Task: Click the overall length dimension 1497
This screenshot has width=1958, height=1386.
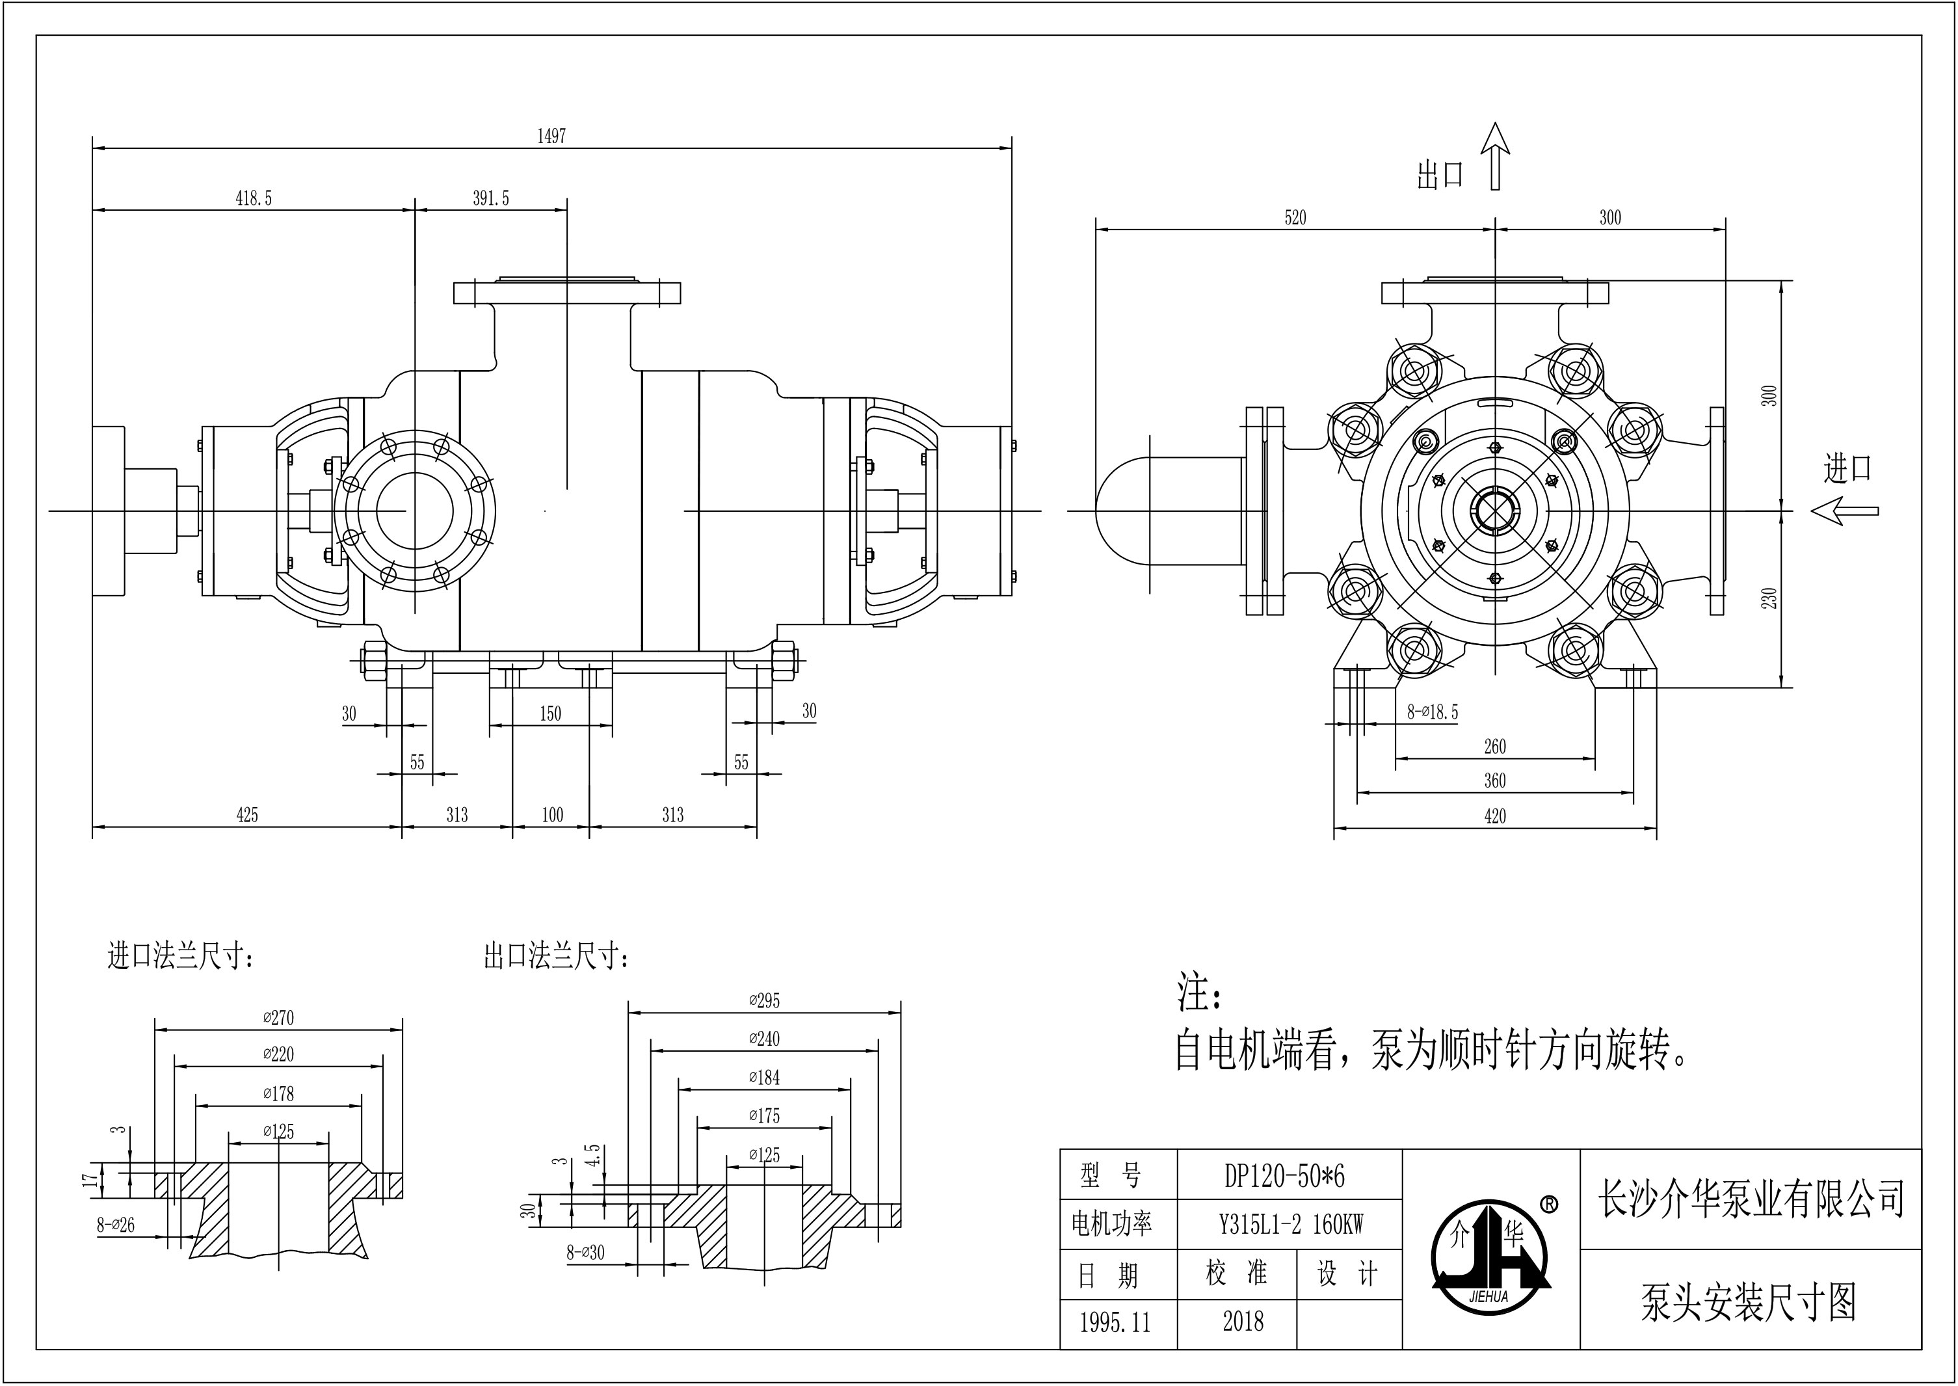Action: point(551,137)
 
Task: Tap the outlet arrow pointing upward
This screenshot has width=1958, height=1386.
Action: point(1495,155)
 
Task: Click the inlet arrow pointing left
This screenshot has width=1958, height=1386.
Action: point(1844,511)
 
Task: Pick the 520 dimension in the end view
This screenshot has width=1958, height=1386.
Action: point(1295,218)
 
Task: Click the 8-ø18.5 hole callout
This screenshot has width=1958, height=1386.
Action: point(1433,712)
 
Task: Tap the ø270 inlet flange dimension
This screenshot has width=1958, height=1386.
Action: point(278,1017)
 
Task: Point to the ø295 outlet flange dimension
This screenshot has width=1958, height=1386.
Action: point(765,1000)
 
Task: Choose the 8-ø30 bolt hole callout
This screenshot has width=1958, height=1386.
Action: point(585,1252)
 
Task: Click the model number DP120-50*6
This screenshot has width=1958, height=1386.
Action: point(1285,1176)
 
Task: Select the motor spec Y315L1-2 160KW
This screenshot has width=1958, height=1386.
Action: point(1291,1225)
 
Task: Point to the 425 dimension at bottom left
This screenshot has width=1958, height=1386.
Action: point(246,815)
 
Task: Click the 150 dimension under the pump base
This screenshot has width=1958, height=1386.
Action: point(550,713)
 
